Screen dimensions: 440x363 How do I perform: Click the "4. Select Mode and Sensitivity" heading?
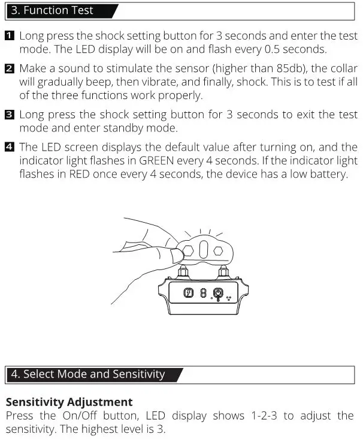(x=88, y=374)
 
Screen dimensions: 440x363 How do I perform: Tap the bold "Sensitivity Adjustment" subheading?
(x=69, y=402)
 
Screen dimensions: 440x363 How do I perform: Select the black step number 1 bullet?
(x=10, y=36)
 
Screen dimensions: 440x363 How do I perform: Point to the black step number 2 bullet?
(x=10, y=69)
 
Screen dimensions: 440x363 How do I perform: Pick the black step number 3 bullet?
(x=10, y=115)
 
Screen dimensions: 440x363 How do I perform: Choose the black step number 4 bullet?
(x=10, y=147)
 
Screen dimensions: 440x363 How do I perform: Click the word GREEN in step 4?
(x=158, y=160)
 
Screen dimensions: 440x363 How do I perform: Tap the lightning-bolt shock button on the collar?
(x=188, y=294)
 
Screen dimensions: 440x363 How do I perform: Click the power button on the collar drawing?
(x=219, y=294)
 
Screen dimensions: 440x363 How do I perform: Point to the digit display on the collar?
(x=204, y=294)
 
